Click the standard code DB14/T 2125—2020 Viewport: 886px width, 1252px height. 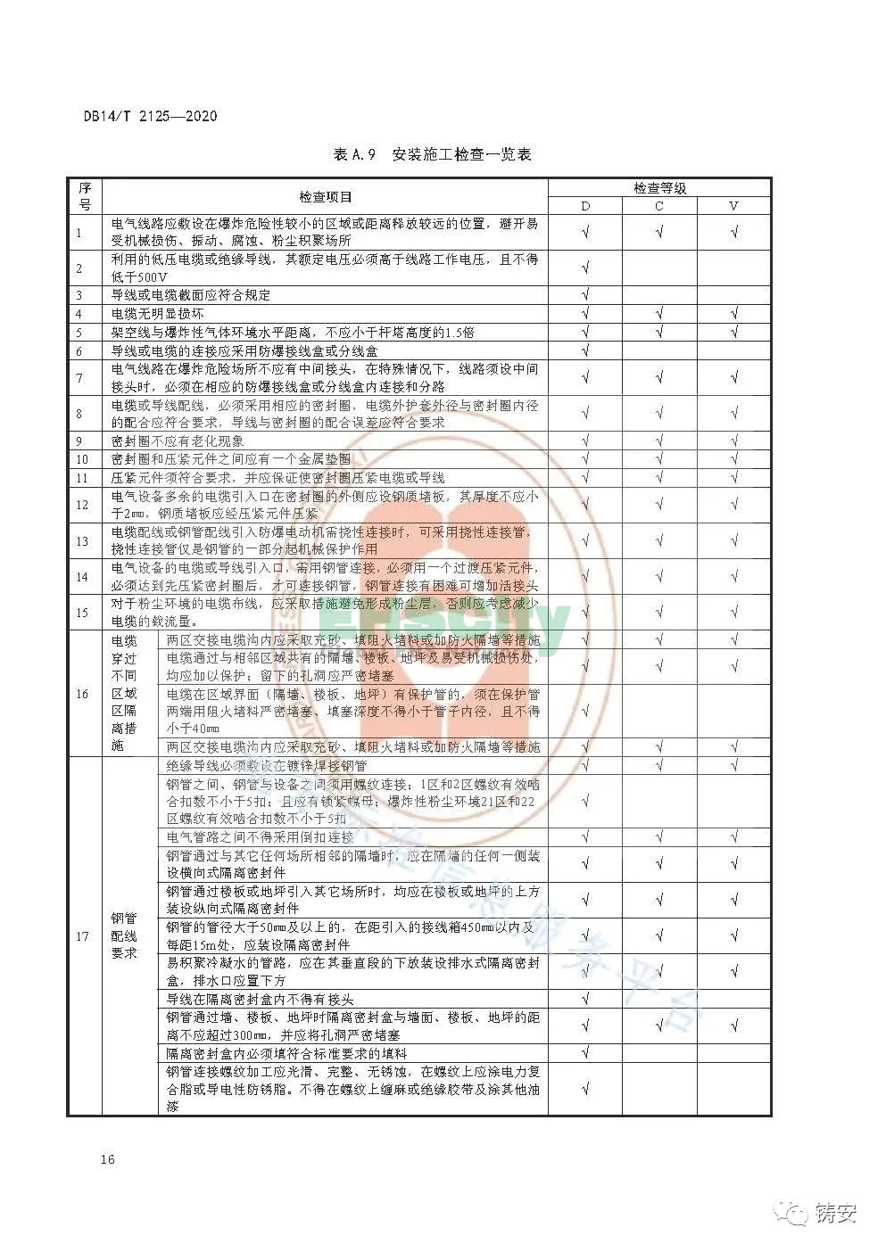coord(150,116)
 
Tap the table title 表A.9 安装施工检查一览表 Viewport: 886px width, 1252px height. coord(432,155)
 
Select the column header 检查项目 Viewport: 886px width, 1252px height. coord(325,197)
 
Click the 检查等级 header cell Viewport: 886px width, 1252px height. coord(659,187)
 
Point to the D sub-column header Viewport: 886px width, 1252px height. coord(585,206)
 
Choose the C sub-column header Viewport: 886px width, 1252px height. coord(659,206)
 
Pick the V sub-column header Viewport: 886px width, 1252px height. coord(733,206)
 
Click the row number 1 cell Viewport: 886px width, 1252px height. coord(79,233)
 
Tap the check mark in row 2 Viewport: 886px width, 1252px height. coord(585,268)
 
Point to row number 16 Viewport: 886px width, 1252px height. coord(82,694)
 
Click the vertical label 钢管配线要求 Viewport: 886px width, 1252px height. coord(123,935)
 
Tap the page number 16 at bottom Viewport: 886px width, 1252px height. coord(108,1159)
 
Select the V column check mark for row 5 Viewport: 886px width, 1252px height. coord(733,332)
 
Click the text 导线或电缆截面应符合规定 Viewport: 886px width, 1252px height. coord(190,295)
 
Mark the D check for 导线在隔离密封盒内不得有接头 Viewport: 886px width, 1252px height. coord(585,999)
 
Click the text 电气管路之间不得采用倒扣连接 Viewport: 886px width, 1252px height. coord(260,836)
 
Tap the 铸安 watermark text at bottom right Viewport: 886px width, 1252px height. coord(834,1213)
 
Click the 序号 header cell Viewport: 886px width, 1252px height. coord(85,196)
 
